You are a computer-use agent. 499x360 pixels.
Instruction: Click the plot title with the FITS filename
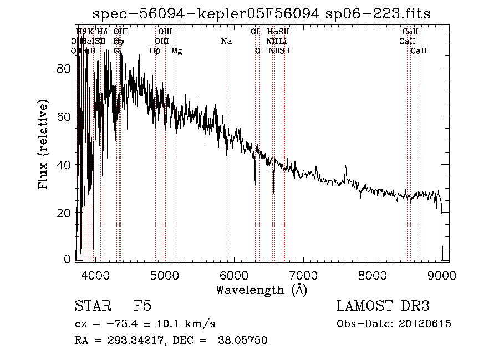click(x=262, y=13)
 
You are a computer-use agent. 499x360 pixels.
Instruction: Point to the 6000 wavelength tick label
click(x=233, y=275)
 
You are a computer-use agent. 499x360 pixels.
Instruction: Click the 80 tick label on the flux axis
click(x=65, y=69)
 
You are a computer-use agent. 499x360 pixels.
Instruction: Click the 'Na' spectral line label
click(x=226, y=41)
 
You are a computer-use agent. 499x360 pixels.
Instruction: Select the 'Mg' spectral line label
click(x=176, y=51)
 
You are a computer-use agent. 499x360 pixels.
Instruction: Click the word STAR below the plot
click(x=90, y=306)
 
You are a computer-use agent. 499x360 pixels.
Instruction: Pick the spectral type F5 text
click(x=143, y=306)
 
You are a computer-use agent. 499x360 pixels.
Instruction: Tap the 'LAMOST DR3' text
click(x=383, y=306)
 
